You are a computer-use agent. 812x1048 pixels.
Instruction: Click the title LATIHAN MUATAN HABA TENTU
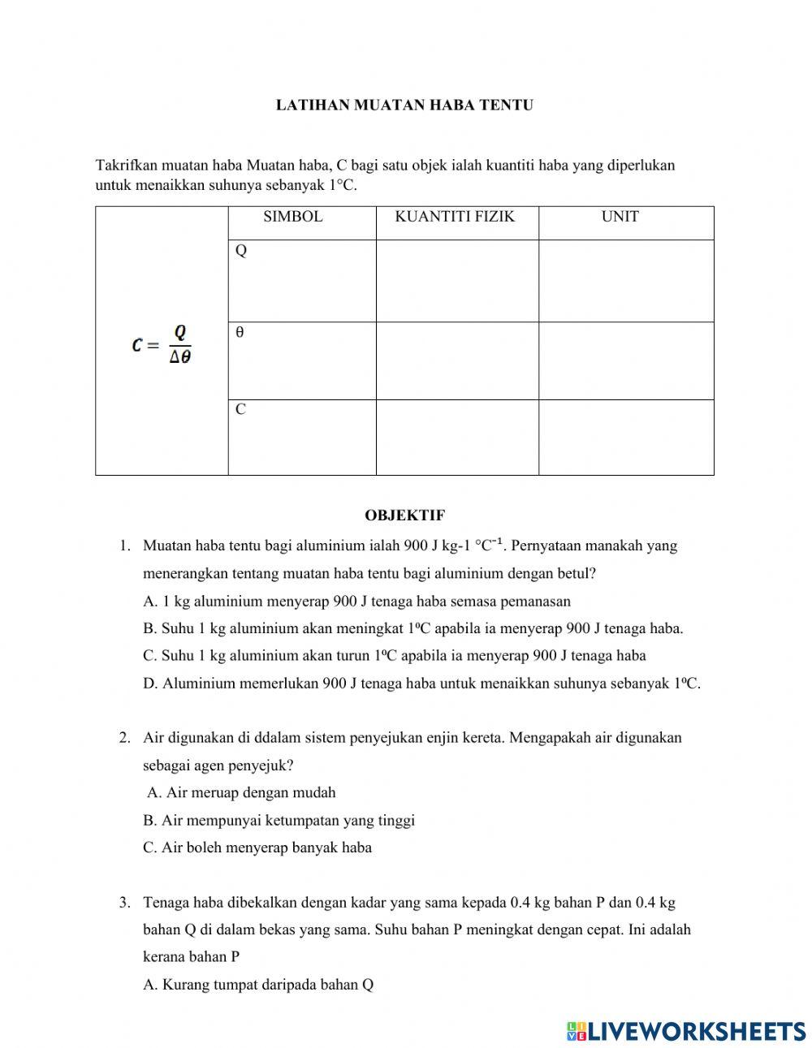click(x=404, y=106)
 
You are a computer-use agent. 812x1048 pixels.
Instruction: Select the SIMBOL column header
click(x=293, y=217)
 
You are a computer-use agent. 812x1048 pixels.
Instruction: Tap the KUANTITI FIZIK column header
click(x=455, y=217)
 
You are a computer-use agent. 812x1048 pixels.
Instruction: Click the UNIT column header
click(x=620, y=217)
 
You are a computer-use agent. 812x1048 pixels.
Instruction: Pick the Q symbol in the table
click(x=241, y=251)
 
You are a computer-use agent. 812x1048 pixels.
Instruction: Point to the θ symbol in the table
click(x=240, y=333)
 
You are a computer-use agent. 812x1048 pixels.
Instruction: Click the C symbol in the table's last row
click(x=240, y=410)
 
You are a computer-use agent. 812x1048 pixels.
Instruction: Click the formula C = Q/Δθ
click(x=162, y=344)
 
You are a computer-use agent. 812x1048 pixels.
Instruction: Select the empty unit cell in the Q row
click(x=625, y=281)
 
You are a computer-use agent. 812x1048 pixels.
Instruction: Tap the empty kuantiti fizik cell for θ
click(x=456, y=360)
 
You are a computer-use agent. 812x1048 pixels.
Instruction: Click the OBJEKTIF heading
click(x=404, y=515)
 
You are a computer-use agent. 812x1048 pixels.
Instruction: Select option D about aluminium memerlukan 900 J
click(x=421, y=684)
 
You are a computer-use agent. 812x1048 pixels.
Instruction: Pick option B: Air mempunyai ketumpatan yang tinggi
click(x=279, y=820)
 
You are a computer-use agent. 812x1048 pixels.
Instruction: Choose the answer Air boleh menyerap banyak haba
click(x=257, y=847)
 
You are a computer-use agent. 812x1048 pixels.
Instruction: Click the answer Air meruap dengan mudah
click(x=241, y=793)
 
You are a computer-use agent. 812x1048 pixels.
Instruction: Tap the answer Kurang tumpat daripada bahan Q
click(x=258, y=985)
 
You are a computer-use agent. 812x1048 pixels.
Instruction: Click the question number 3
click(x=124, y=902)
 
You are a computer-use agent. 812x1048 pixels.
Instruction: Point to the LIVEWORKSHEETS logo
click(x=686, y=1031)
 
